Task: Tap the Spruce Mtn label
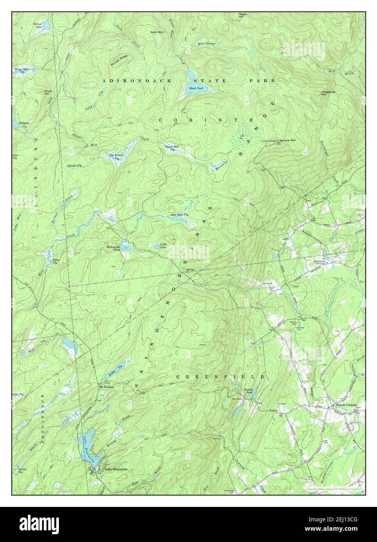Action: coord(288,140)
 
